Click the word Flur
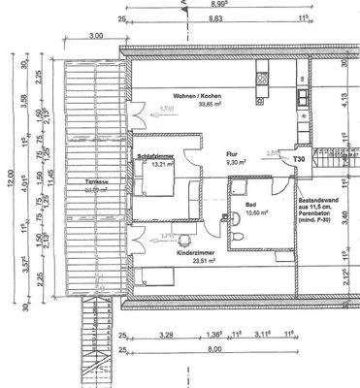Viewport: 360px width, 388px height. [x=232, y=154]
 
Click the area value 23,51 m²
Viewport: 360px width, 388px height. [x=177, y=259]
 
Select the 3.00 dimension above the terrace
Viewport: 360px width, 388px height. [x=95, y=36]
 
